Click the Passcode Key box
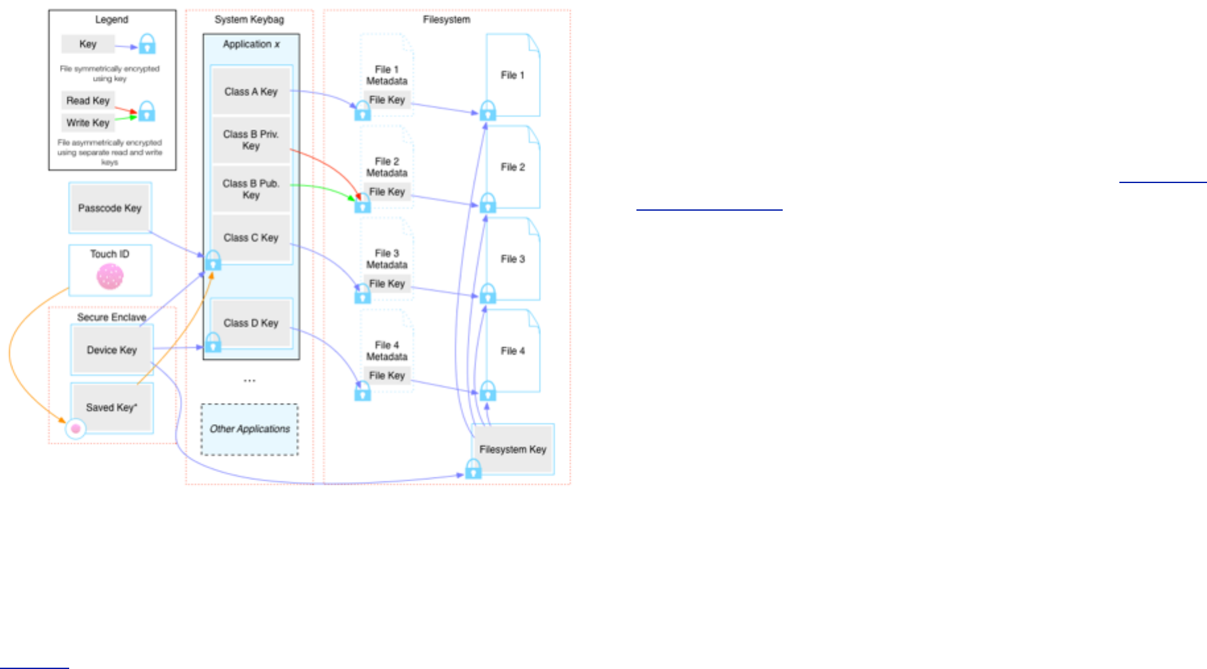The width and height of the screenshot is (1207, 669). (x=109, y=208)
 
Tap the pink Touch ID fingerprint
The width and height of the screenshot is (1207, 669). (x=110, y=277)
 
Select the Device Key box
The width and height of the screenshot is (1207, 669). (x=112, y=350)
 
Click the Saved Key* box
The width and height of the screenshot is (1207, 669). (x=112, y=408)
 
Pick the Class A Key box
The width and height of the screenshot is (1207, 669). (x=251, y=92)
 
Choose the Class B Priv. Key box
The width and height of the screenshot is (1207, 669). (x=251, y=140)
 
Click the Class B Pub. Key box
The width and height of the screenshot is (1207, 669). (x=251, y=189)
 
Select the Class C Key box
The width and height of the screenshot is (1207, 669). (x=251, y=238)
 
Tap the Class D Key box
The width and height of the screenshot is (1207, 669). (x=251, y=323)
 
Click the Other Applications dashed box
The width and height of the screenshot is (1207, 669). (x=250, y=429)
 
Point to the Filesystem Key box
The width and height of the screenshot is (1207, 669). (x=513, y=449)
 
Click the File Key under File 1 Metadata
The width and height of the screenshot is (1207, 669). (x=387, y=100)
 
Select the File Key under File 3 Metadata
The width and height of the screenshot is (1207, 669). (x=387, y=284)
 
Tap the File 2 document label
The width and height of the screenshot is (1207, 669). (x=513, y=167)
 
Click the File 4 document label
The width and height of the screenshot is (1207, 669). (x=513, y=351)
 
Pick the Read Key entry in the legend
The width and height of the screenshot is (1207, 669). (x=88, y=101)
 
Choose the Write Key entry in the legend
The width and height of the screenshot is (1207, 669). (x=88, y=123)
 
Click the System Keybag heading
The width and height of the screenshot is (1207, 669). (x=249, y=20)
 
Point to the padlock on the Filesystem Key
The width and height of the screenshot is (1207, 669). (x=473, y=469)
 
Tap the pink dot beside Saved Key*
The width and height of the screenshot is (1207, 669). (x=76, y=429)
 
